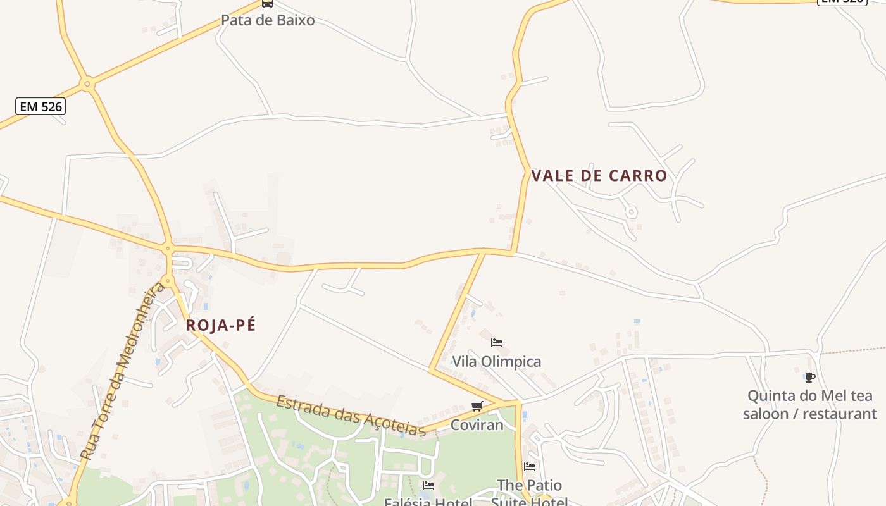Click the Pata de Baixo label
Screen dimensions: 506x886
click(267, 20)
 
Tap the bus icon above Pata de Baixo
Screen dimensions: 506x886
click(268, 3)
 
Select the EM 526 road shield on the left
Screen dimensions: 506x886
click(41, 106)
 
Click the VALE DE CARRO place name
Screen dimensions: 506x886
click(599, 176)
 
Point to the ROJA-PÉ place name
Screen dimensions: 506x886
click(221, 325)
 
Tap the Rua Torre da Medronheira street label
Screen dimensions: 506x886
click(123, 372)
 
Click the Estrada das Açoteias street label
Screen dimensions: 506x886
click(351, 416)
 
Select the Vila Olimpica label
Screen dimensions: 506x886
click(496, 362)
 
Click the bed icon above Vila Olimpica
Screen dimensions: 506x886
click(497, 343)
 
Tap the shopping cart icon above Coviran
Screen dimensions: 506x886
click(477, 406)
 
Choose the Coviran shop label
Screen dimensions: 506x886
click(477, 425)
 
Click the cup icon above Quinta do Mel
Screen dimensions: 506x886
click(809, 378)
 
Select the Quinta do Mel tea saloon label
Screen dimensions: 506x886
click(809, 405)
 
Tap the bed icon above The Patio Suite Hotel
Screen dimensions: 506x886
click(530, 467)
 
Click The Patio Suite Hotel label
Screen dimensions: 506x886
click(529, 493)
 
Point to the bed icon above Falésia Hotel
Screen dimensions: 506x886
click(428, 486)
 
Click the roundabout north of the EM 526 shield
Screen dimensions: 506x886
click(87, 83)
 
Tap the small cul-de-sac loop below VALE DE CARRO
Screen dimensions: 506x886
click(631, 212)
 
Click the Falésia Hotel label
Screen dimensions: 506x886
click(428, 502)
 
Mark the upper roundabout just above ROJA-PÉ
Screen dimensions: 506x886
click(168, 249)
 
